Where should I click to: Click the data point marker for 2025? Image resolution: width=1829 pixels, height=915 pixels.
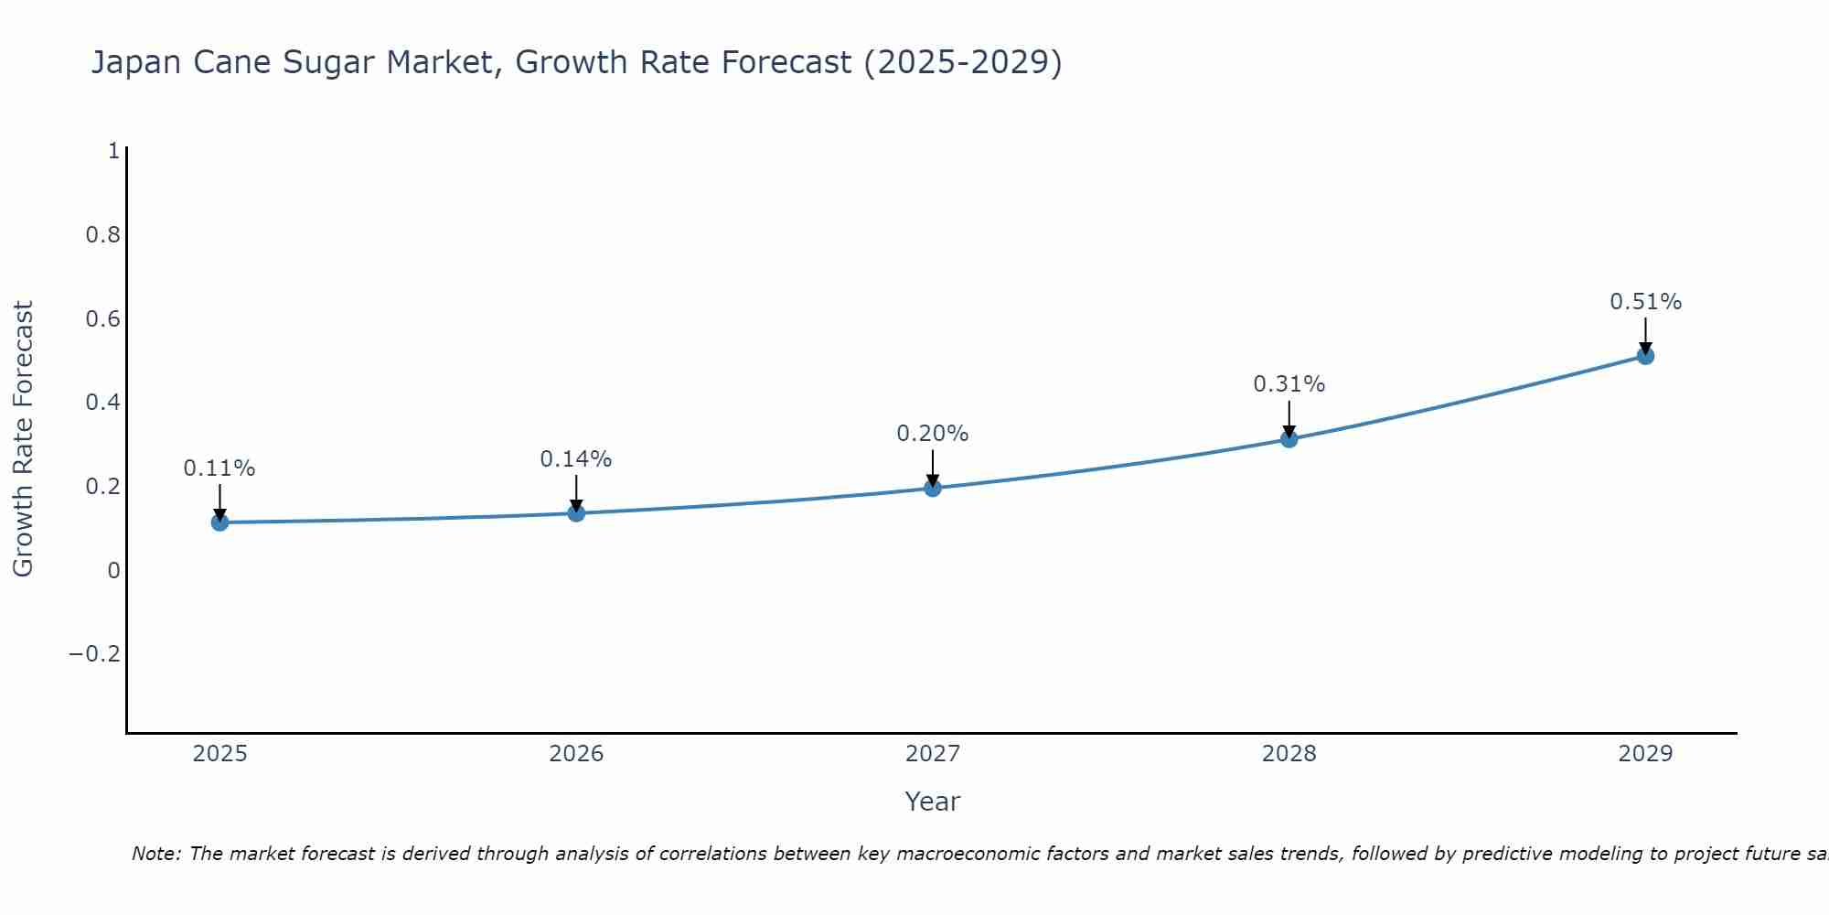tap(219, 522)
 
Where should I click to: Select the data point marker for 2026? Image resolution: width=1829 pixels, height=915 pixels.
tap(576, 512)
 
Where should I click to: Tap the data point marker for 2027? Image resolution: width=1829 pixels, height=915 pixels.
tap(933, 488)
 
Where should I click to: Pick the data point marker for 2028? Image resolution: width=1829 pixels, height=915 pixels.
tap(1289, 439)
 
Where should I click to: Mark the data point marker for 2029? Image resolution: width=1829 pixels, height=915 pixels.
tap(1645, 356)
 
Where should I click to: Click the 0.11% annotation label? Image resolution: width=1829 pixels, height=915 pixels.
tap(219, 468)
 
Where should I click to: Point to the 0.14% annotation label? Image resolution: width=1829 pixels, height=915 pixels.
tap(576, 459)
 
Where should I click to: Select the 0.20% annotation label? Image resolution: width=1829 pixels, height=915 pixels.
tap(933, 434)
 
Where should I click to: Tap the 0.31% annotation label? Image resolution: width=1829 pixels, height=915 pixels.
tap(1289, 384)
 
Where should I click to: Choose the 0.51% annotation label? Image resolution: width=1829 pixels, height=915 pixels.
tap(1645, 302)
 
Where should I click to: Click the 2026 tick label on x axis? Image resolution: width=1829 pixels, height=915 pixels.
tap(576, 754)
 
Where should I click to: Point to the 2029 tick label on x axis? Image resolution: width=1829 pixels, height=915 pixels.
tap(1645, 754)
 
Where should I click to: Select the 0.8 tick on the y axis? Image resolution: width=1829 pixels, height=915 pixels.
tap(102, 235)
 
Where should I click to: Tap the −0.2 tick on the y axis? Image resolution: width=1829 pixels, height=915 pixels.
tap(94, 654)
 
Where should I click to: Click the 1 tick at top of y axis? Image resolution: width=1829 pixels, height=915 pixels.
tap(113, 151)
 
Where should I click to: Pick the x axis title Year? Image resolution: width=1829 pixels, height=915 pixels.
tap(932, 802)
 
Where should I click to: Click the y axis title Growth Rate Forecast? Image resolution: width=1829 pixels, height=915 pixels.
tap(23, 439)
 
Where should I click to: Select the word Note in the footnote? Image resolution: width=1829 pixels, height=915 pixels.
tap(155, 854)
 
